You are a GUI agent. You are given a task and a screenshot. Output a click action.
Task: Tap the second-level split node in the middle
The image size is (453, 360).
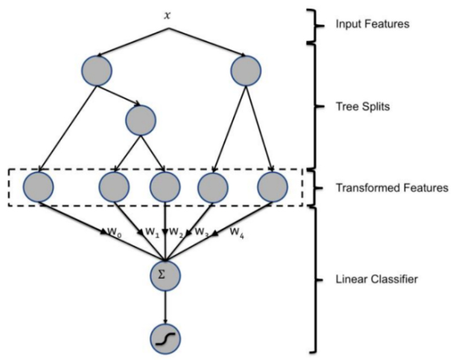(141, 119)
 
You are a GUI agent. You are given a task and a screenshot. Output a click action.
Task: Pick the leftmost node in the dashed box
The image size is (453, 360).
(38, 186)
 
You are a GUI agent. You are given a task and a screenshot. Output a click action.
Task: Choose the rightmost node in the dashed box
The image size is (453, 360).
(272, 186)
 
